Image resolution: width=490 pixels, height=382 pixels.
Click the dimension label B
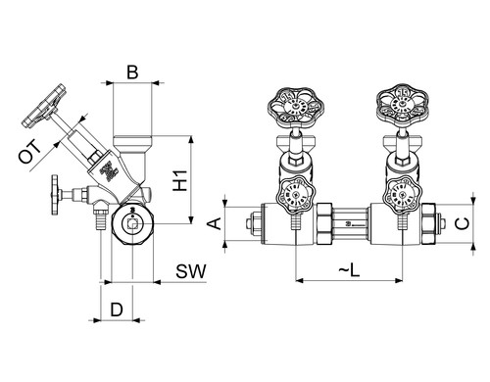click(x=132, y=72)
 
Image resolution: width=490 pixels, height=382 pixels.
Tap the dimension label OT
click(x=30, y=152)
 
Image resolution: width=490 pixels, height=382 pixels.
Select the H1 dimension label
click(x=180, y=180)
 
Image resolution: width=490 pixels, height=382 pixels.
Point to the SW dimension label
click(x=191, y=271)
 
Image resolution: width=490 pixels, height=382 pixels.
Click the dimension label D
click(x=117, y=310)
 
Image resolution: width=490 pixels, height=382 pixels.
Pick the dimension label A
click(x=215, y=224)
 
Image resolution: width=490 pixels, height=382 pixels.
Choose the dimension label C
click(x=463, y=223)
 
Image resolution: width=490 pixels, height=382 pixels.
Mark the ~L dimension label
click(x=349, y=270)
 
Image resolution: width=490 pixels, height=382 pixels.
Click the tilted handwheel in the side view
click(x=44, y=106)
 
